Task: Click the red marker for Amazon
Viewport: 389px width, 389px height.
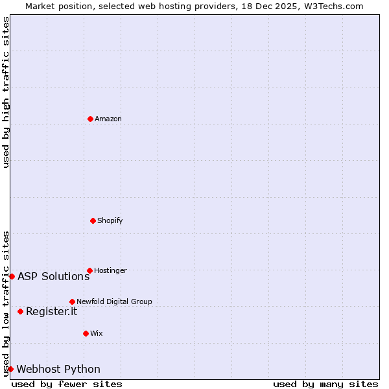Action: [90, 119]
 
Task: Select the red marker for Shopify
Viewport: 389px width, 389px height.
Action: [93, 220]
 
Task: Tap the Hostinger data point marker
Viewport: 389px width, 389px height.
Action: [89, 270]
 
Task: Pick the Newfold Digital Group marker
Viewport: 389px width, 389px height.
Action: [72, 301]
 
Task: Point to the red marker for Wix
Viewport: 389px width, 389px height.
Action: [86, 333]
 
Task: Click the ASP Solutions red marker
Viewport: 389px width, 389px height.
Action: [12, 276]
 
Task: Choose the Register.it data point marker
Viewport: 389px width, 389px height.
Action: [20, 311]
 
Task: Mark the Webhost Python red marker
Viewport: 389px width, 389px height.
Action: [10, 369]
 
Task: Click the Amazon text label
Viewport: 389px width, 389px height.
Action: [108, 119]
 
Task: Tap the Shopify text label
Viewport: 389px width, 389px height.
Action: [110, 220]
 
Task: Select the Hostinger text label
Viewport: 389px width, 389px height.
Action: [111, 270]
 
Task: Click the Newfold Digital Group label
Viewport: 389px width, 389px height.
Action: [114, 301]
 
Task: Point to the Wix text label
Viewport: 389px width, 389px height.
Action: [97, 333]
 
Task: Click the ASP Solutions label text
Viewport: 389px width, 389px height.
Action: [54, 277]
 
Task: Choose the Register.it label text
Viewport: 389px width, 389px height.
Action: [52, 312]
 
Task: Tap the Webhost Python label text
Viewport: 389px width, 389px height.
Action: [58, 370]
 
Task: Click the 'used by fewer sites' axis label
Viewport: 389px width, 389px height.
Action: [67, 384]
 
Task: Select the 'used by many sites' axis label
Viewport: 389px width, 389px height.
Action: [325, 384]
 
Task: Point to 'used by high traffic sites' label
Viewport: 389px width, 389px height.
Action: [6, 93]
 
